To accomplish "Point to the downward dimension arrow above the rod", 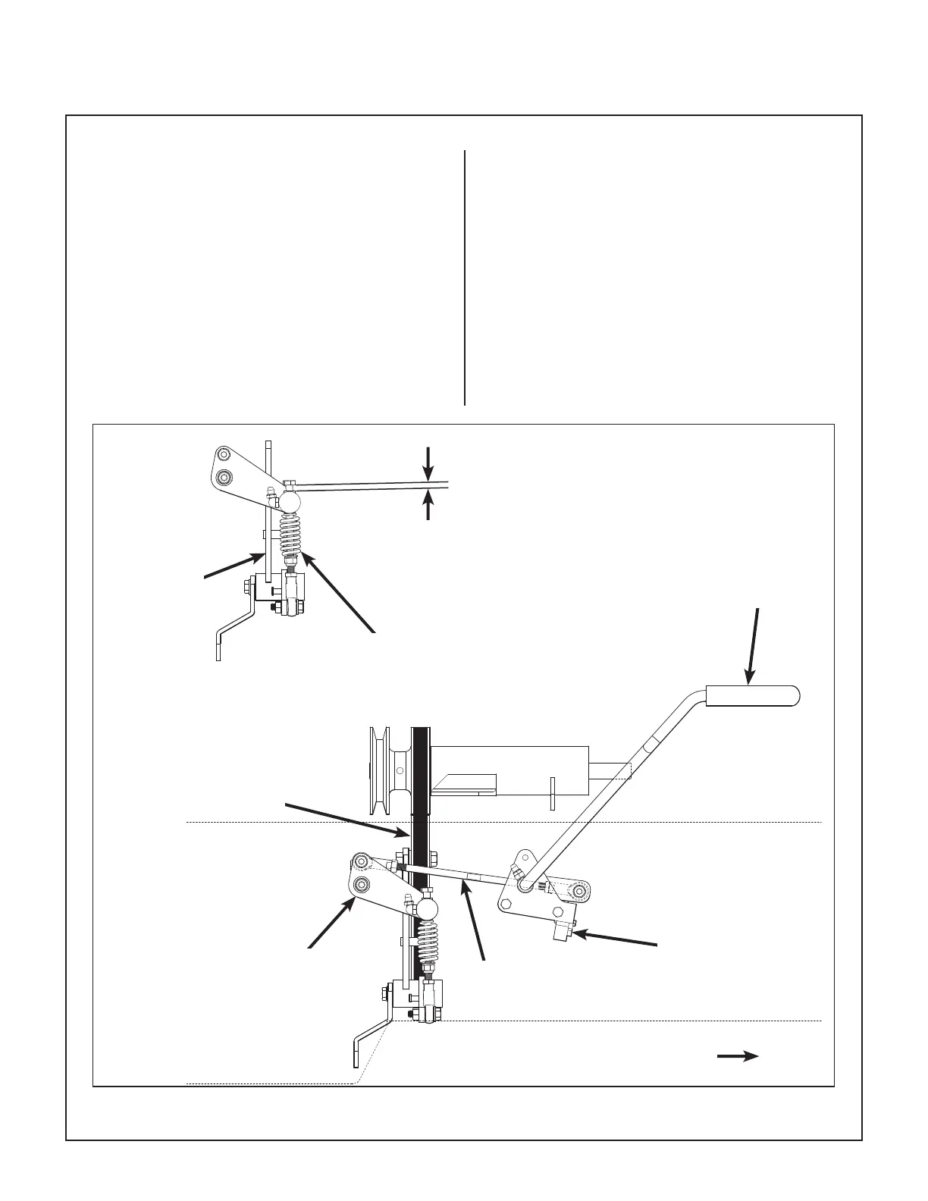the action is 429,463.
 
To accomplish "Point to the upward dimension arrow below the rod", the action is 429,505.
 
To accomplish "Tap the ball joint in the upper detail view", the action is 289,500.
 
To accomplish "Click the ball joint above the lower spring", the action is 428,908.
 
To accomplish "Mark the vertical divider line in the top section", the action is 464,278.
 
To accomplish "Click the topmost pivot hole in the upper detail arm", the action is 222,455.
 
